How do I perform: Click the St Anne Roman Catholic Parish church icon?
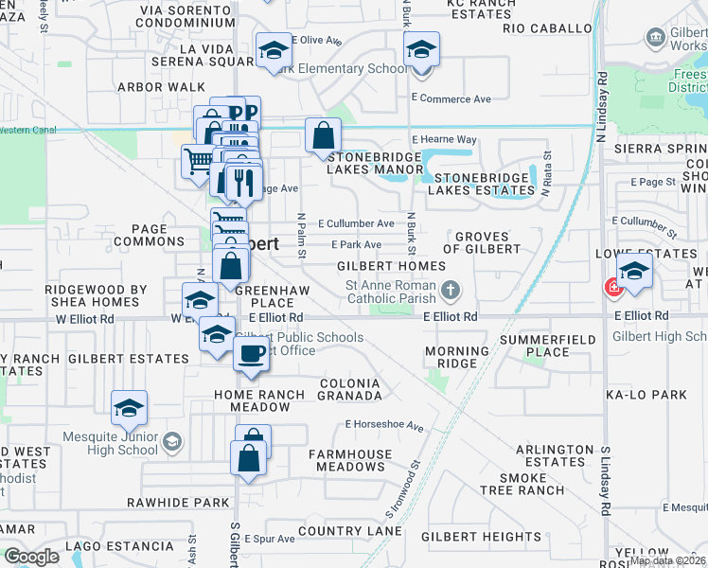coord(451,289)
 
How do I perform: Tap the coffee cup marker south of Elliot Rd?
coord(251,355)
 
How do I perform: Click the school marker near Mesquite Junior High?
coord(129,408)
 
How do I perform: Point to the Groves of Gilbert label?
coord(487,242)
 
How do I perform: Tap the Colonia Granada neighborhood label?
coord(349,389)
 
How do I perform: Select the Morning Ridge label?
coord(457,357)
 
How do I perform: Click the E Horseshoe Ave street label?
coord(384,425)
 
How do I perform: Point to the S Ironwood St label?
coord(402,489)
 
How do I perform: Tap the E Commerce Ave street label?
coord(451,98)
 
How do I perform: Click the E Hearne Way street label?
coord(442,139)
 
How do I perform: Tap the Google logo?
coord(31,556)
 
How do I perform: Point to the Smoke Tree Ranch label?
coord(537,484)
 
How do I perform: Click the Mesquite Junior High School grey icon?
coord(171,441)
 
